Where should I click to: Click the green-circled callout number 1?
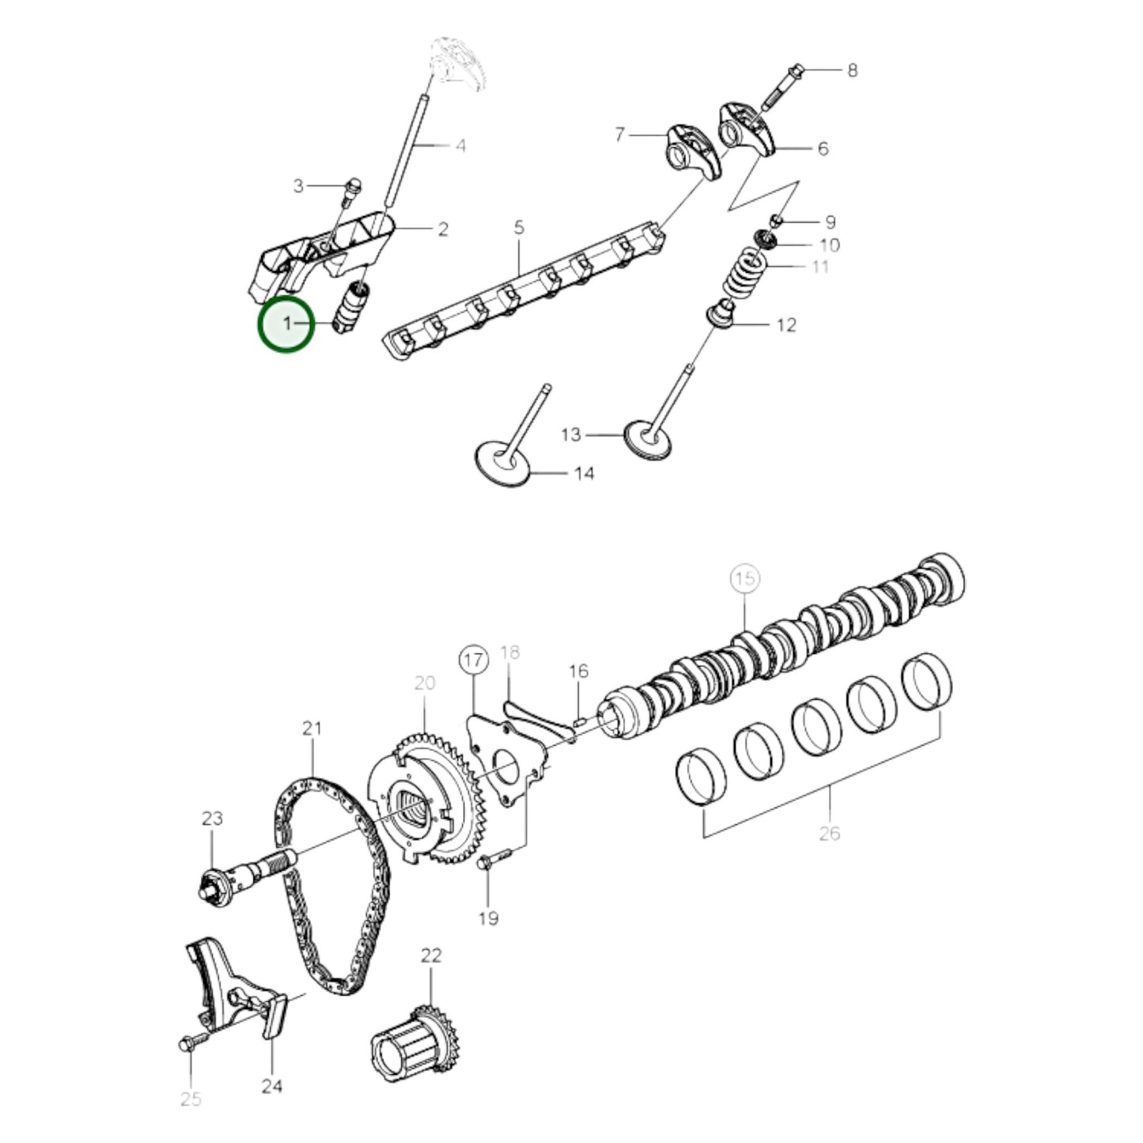coord(286,324)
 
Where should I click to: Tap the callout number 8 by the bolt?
coord(852,70)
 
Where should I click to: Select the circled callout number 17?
coord(473,660)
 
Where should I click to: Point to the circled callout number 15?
coord(744,579)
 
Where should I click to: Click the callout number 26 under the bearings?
coord(829,833)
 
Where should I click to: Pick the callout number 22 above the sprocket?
coord(431,956)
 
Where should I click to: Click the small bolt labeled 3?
coord(352,187)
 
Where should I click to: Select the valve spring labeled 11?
coord(748,273)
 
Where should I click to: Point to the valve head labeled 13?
coord(649,439)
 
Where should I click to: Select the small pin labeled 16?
coord(579,720)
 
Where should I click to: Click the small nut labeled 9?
coord(777,219)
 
